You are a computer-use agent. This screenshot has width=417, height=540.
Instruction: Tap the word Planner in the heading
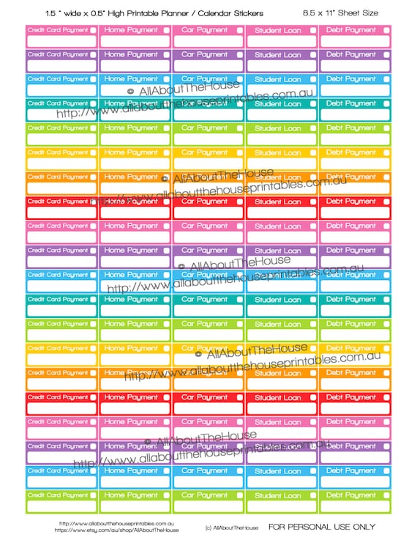[179, 13]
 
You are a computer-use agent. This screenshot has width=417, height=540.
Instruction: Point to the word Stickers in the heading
[252, 13]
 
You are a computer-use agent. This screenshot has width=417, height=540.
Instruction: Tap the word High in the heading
[116, 13]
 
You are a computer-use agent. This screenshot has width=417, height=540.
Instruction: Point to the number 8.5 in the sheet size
[309, 13]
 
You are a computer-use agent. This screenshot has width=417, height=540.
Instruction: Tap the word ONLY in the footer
[363, 526]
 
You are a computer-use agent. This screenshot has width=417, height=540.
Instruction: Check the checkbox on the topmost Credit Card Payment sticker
[93, 30]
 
